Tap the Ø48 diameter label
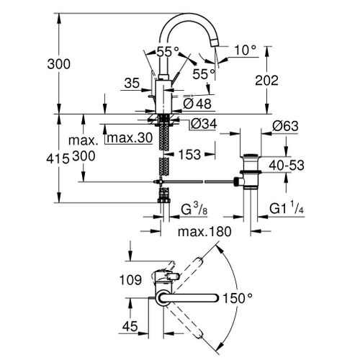[x=199, y=103]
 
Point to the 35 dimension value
[x=131, y=84]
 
